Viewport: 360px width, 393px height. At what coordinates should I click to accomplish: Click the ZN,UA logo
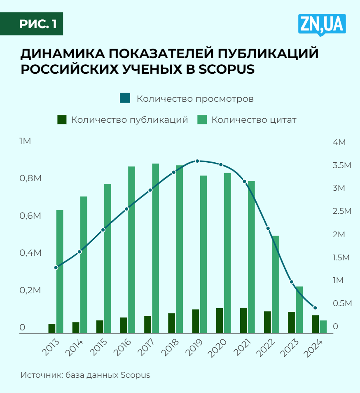coord(322,25)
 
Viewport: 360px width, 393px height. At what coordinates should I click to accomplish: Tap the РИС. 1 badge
coord(37,24)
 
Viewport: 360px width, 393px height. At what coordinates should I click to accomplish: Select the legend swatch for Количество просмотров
coord(125,98)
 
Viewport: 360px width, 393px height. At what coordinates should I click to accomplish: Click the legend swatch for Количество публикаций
coord(62,120)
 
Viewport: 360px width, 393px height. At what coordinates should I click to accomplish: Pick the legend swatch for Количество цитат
coord(202,120)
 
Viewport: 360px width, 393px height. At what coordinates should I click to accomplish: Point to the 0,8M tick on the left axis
coord(31,178)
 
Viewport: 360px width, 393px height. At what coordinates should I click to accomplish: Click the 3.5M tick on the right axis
coord(341,165)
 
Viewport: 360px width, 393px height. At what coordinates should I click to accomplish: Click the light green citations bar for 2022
coord(275,284)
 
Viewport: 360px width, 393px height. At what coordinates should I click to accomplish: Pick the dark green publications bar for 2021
coord(243,320)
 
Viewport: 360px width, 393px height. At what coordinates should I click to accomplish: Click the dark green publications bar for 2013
coord(51,328)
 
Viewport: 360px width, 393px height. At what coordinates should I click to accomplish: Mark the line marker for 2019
coord(197,161)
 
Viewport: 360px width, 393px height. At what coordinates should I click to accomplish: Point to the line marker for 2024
coord(315,308)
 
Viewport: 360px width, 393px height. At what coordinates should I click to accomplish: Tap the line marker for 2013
coord(56,267)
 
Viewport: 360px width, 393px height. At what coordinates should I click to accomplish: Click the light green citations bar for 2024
coord(323,327)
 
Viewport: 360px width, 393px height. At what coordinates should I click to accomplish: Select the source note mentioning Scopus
coord(85,375)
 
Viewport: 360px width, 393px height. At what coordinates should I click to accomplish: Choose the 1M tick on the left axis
coord(25,141)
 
